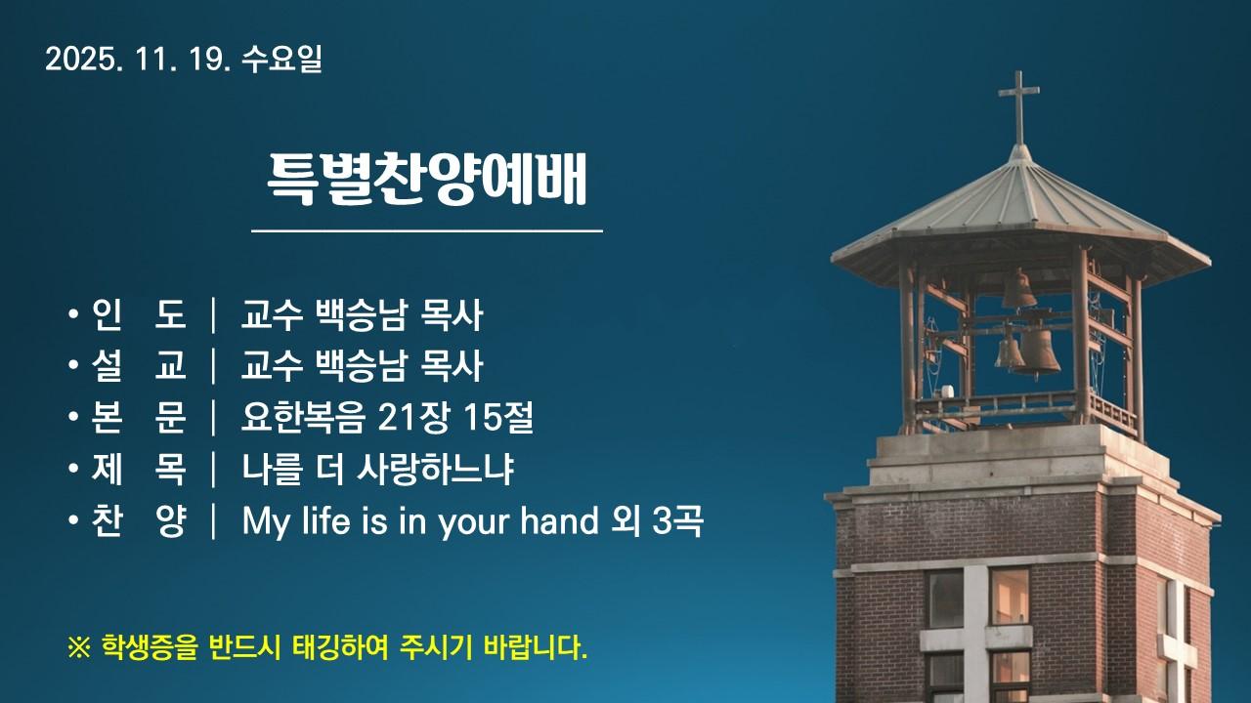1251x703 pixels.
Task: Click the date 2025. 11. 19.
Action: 137,60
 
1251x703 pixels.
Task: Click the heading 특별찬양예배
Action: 427,179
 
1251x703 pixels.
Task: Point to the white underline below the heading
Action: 427,231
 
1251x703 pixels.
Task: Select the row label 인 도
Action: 138,315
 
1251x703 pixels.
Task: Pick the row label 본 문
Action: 138,419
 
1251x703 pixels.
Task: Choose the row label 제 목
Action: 138,471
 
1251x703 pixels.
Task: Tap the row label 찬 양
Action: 138,522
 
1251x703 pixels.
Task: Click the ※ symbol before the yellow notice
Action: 78,647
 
